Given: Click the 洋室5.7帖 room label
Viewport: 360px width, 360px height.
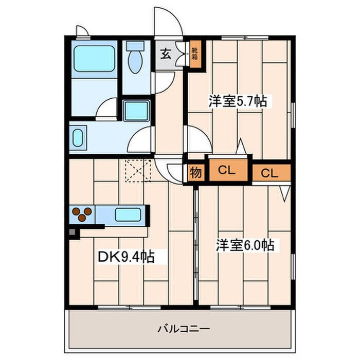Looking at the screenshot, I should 237,101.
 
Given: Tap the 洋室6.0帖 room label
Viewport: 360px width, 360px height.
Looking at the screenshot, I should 244,245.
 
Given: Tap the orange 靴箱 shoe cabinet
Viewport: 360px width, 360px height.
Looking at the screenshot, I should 195,53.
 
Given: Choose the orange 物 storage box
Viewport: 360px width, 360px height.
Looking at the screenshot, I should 195,172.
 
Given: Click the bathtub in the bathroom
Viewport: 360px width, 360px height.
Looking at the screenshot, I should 94,60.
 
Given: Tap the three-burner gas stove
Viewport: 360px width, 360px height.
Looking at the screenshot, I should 82,213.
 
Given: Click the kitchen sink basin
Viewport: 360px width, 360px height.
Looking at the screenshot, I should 128,214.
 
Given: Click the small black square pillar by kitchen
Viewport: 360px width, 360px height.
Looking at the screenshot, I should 73,232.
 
